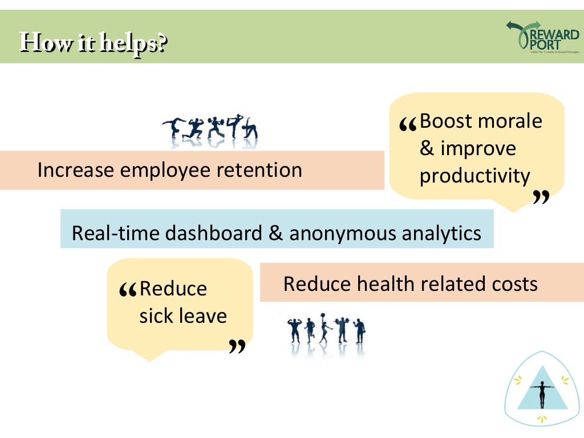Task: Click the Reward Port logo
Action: pos(542,38)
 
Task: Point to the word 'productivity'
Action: pos(474,176)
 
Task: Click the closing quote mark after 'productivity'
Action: pos(541,197)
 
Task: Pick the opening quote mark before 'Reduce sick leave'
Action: pos(128,292)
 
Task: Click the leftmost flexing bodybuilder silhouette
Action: pos(294,330)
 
